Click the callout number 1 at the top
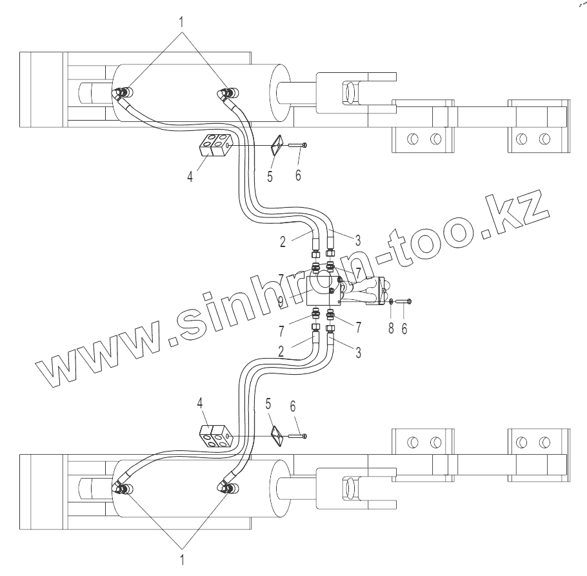click(x=183, y=21)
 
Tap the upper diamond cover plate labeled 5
click(x=275, y=146)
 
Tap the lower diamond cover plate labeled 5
click(x=275, y=436)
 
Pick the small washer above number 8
click(x=392, y=301)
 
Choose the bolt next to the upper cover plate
click(x=297, y=146)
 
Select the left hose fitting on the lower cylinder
click(x=120, y=488)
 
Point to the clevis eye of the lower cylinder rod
click(x=349, y=490)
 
